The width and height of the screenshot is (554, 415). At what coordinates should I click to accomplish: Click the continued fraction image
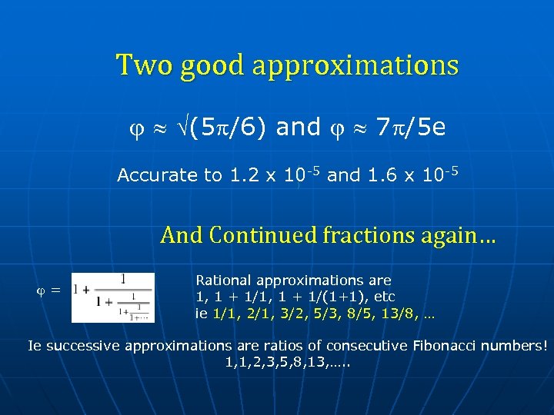coord(113,297)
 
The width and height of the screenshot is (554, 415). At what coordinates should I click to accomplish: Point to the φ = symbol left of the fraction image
coord(49,290)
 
